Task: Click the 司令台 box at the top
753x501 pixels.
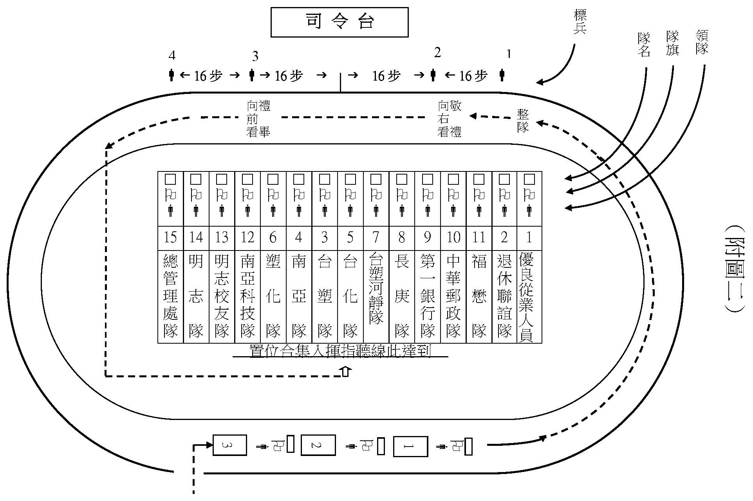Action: pos(339,22)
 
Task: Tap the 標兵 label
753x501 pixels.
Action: pos(580,22)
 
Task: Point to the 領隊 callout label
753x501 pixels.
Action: pos(702,42)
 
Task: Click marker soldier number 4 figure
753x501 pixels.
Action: pos(171,74)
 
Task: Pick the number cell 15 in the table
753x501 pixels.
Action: pos(170,237)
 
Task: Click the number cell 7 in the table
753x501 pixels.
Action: pos(376,237)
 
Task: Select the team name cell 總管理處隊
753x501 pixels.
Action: pos(170,296)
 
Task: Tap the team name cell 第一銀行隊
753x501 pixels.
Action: pos(428,296)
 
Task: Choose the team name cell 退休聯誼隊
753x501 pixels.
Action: pos(504,296)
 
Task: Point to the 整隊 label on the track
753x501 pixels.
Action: pos(523,121)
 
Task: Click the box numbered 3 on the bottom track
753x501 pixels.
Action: pos(229,445)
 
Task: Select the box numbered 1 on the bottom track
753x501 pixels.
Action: pos(410,446)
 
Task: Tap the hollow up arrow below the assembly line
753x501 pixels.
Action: pos(345,371)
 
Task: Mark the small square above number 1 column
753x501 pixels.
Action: pos(529,179)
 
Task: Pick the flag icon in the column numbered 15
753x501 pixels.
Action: pos(171,194)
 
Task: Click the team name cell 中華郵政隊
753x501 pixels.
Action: pos(453,296)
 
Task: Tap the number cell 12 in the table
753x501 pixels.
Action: pos(247,237)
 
